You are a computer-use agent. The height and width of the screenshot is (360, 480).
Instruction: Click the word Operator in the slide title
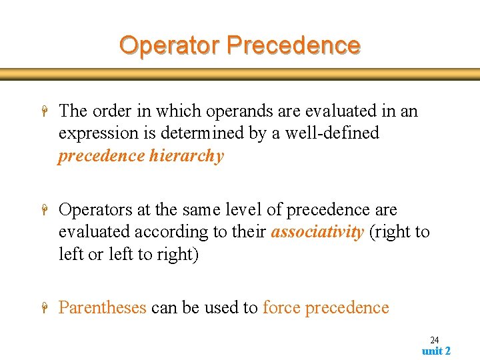170,45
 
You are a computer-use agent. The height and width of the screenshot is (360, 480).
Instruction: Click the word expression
99,133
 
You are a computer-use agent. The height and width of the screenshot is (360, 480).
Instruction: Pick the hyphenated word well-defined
332,133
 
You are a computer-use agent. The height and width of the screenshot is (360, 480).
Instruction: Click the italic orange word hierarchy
187,156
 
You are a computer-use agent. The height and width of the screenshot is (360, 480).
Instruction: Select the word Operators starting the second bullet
95,210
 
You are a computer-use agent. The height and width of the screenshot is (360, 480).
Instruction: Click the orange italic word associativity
317,232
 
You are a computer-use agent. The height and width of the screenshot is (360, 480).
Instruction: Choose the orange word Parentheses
102,308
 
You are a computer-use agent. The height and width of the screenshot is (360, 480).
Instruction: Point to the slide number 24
434,340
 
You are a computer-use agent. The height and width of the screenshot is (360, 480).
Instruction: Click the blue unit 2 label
436,351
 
